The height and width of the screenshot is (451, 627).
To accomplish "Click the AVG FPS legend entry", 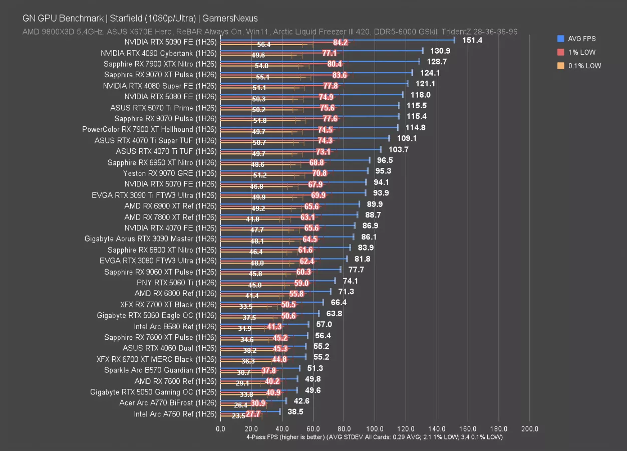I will (x=583, y=39).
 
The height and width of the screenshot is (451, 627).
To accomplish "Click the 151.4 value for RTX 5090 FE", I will (x=472, y=40).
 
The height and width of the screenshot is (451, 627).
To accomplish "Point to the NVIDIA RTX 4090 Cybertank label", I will (x=158, y=53).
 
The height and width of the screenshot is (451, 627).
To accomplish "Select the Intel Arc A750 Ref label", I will (x=175, y=414).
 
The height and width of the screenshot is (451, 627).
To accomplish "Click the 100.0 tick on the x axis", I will (x=375, y=429).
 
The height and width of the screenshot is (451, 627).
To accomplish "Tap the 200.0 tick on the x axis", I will (x=530, y=429).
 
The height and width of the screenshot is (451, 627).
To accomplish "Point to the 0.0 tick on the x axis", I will (x=220, y=429).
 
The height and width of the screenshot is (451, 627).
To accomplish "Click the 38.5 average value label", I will (x=295, y=411).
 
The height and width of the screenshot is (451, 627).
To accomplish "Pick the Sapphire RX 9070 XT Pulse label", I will (x=160, y=75).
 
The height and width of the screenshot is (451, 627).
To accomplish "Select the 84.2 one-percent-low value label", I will (x=340, y=43).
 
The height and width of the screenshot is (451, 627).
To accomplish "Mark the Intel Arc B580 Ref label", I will (x=175, y=327).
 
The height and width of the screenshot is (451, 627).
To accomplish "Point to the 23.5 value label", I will (x=238, y=416).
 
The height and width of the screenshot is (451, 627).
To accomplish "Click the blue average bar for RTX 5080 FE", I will (x=310, y=94).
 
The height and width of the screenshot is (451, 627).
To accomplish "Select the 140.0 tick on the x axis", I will (x=437, y=429).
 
